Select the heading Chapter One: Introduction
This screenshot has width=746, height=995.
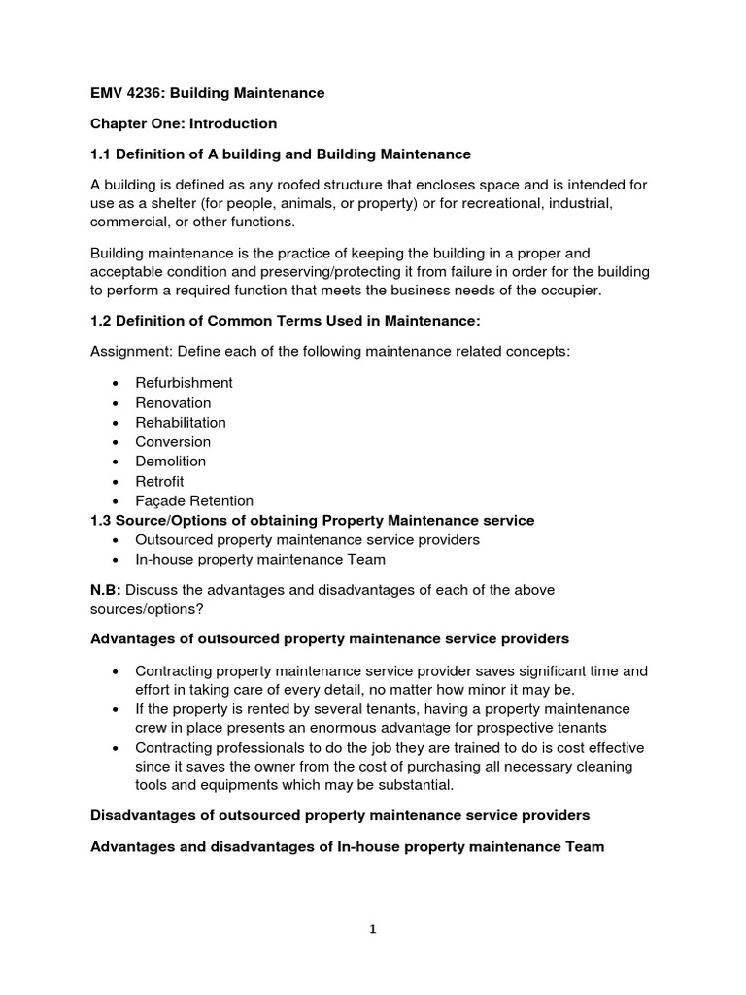[184, 123]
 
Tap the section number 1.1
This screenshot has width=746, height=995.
[101, 154]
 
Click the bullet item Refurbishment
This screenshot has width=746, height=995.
[184, 383]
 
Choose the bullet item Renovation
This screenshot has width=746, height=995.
[173, 402]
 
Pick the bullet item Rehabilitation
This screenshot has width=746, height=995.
[181, 422]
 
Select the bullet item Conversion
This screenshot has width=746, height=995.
[173, 441]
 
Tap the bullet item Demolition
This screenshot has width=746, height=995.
[171, 462]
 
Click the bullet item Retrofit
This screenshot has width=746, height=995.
[159, 481]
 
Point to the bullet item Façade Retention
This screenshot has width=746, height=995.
[194, 501]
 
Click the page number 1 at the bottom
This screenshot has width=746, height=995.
[372, 929]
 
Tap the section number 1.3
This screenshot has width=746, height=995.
[101, 521]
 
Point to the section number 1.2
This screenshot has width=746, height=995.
[101, 321]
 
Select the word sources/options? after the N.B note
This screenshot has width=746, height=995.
[148, 608]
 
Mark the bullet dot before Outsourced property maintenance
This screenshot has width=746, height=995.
[116, 540]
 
